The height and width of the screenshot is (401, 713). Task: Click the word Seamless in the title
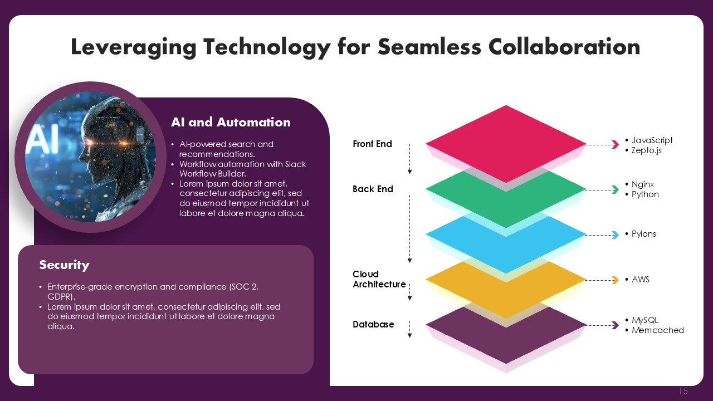point(429,47)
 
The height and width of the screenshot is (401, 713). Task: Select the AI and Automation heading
point(231,122)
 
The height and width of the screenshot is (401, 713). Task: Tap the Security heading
point(64,265)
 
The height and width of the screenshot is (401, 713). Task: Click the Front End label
point(372,144)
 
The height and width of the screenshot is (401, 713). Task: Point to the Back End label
point(373,189)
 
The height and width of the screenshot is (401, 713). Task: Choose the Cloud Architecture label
point(379,279)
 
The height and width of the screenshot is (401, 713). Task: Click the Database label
point(373,324)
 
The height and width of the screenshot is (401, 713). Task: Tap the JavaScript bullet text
point(652,140)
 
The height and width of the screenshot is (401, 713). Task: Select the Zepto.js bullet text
point(647,150)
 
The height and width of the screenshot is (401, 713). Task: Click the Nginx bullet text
point(643,184)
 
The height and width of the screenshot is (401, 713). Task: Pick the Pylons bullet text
point(644,234)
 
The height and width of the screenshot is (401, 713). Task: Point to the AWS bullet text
point(641,280)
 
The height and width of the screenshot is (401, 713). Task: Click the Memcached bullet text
point(658,330)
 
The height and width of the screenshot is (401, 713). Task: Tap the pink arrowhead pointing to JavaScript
point(616,145)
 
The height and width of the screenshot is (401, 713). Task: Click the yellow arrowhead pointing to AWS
point(616,280)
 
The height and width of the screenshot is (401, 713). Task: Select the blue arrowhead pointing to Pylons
point(616,235)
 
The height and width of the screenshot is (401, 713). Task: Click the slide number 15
point(683,391)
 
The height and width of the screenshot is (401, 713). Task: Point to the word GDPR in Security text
point(60,297)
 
